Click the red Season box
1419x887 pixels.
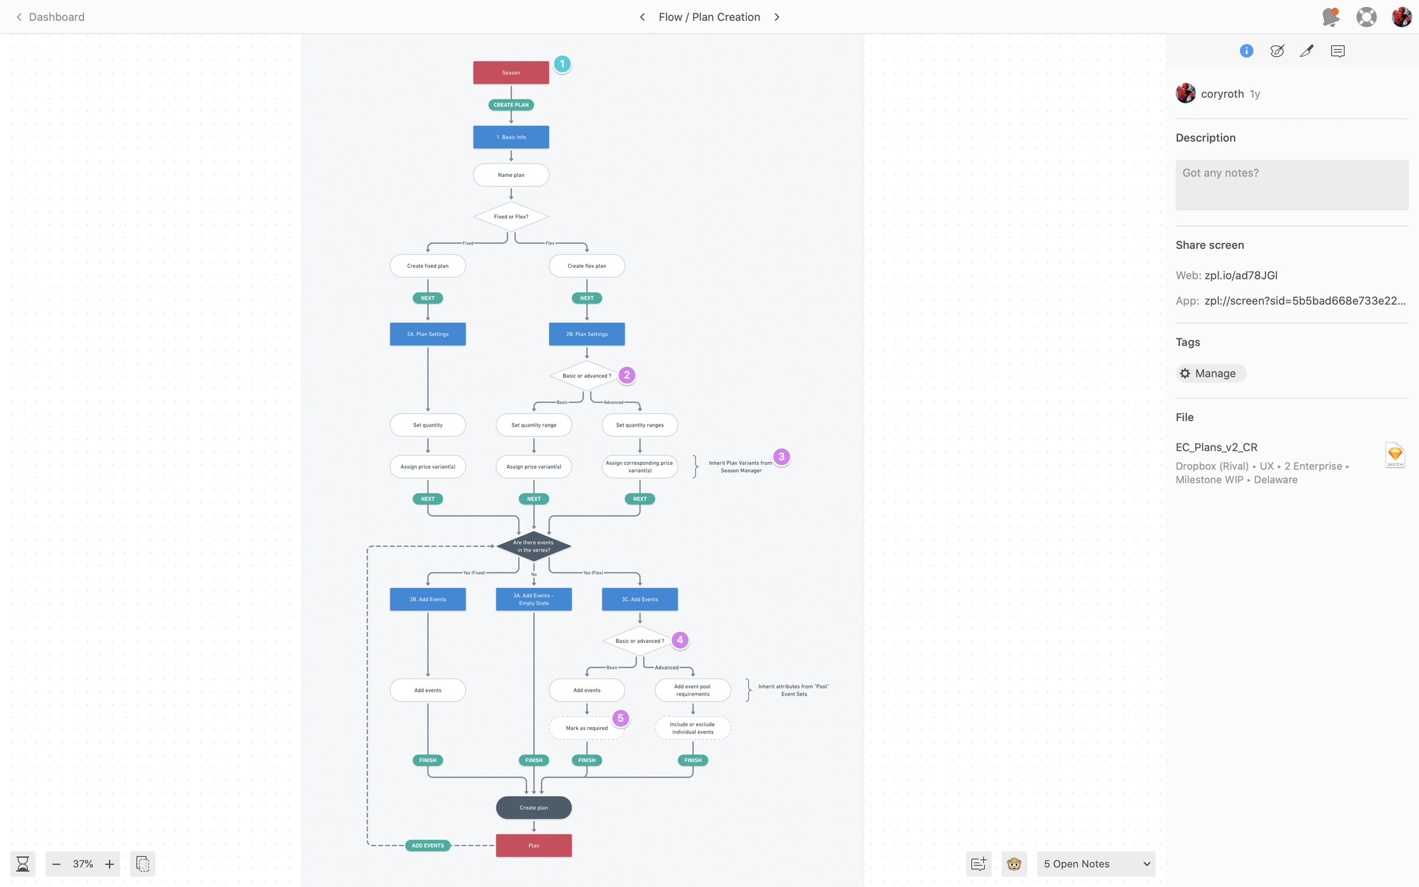pyautogui.click(x=511, y=73)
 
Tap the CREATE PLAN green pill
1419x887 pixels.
pyautogui.click(x=511, y=105)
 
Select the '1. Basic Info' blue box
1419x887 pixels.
pyautogui.click(x=511, y=137)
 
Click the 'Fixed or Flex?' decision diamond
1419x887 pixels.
pyautogui.click(x=511, y=216)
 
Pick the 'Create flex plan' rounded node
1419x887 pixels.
pyautogui.click(x=586, y=266)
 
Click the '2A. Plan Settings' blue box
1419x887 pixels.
pyautogui.click(x=427, y=334)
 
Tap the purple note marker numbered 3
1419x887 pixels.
pyautogui.click(x=782, y=456)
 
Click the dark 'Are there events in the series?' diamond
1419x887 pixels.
pyautogui.click(x=534, y=546)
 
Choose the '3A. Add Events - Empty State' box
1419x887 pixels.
pyautogui.click(x=534, y=599)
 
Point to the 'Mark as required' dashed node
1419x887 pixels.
pyautogui.click(x=586, y=728)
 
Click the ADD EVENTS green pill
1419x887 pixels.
pyautogui.click(x=427, y=846)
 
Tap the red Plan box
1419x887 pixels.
pyautogui.click(x=534, y=846)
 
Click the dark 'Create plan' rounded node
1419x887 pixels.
pyautogui.click(x=534, y=808)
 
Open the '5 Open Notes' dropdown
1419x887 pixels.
pyautogui.click(x=1096, y=864)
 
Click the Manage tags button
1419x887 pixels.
pyautogui.click(x=1210, y=373)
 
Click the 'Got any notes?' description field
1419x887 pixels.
pyautogui.click(x=1292, y=185)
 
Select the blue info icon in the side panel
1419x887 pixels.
pyautogui.click(x=1246, y=51)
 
